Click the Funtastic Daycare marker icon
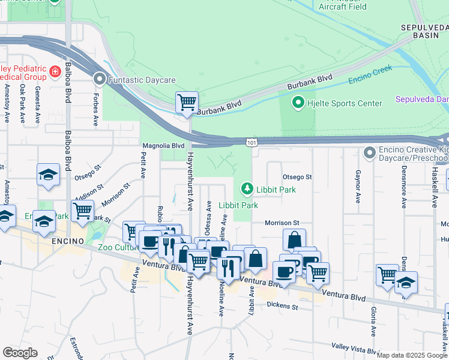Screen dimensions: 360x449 [100, 79]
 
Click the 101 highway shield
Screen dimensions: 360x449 [252, 142]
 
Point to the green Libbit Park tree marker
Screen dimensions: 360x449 [246, 189]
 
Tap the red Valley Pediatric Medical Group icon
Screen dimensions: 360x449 [55, 72]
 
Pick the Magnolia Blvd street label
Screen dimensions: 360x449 [163, 146]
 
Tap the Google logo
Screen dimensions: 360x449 [20, 353]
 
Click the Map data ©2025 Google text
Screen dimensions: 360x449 [412, 355]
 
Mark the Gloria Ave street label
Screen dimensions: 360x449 [373, 322]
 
